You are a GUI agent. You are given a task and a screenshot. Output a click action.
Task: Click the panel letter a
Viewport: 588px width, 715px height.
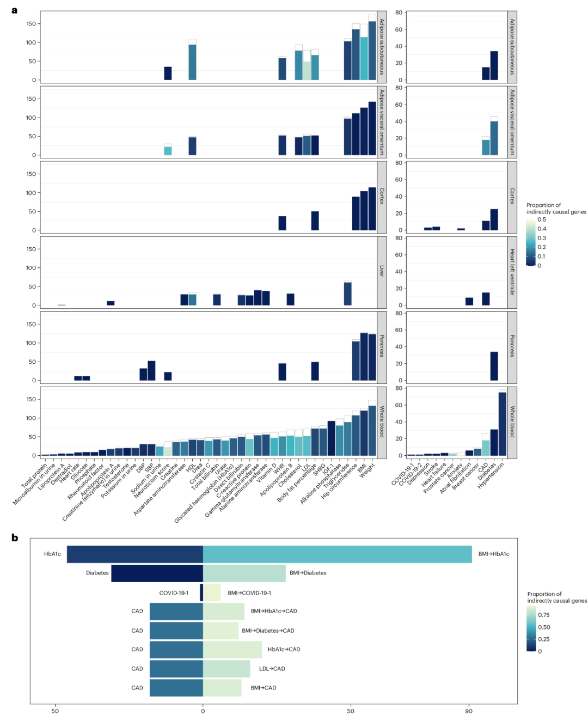[x=14, y=10]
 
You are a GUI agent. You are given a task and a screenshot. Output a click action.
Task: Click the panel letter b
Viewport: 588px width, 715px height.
[x=15, y=537]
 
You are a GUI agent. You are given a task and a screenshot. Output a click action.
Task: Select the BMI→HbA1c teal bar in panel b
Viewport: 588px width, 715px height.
[x=337, y=554]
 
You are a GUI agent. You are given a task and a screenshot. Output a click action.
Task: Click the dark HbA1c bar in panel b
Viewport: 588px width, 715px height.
[x=134, y=554]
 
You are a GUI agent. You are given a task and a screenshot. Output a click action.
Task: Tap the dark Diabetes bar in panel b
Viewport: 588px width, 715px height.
[x=157, y=573]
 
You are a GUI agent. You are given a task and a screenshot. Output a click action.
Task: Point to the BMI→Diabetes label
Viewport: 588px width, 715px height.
[x=308, y=573]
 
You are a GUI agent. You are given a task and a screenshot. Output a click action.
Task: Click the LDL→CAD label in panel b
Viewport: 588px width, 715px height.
[x=272, y=669]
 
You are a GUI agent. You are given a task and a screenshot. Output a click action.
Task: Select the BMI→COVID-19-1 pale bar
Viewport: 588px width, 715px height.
[x=212, y=592]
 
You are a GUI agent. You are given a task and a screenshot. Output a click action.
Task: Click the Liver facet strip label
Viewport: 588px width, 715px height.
[x=382, y=271]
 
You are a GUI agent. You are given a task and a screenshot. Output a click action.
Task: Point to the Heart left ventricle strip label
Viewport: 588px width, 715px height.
[x=512, y=272]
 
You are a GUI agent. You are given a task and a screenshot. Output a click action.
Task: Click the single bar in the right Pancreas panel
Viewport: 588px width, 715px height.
[x=494, y=366]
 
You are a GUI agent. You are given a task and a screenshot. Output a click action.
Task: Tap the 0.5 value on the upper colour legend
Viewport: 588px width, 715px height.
[x=541, y=220]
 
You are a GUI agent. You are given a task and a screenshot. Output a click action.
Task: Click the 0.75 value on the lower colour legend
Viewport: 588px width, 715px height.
[x=543, y=615]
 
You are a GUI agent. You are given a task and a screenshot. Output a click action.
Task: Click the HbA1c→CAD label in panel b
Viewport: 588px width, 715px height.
[x=284, y=650]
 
